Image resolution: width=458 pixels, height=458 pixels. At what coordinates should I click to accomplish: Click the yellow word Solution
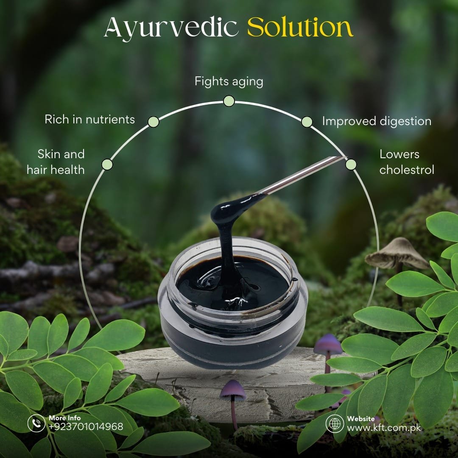coord(300,27)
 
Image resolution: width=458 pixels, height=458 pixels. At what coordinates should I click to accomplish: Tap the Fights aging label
coord(229,81)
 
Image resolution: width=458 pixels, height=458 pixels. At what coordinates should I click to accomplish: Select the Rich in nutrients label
coord(89,119)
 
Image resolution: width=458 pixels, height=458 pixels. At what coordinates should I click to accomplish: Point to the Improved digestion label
coord(377,121)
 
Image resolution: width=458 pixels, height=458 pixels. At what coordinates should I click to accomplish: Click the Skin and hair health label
coord(56,162)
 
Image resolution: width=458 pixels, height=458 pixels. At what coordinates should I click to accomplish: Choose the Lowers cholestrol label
coord(407,162)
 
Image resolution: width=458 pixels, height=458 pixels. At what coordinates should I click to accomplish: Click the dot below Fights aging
coord(229,101)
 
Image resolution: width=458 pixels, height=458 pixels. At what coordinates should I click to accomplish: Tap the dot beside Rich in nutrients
coord(154,122)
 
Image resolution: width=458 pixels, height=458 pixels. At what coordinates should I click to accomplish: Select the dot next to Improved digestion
coord(307,122)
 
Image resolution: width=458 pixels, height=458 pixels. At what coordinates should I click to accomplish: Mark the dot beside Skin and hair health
coord(107,165)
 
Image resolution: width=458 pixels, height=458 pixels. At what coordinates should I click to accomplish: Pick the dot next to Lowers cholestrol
coord(351,165)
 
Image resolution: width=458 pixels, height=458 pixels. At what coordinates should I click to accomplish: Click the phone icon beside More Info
coord(36,423)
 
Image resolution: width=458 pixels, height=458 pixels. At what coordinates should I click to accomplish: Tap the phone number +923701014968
coord(86,427)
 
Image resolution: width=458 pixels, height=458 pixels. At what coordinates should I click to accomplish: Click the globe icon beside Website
coord(335,423)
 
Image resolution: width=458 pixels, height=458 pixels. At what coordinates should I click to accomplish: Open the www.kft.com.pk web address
coord(384,428)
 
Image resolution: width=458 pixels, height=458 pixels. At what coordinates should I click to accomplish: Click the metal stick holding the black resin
coord(301,175)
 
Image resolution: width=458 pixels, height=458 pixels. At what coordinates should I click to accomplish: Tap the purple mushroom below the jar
coord(233,403)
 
